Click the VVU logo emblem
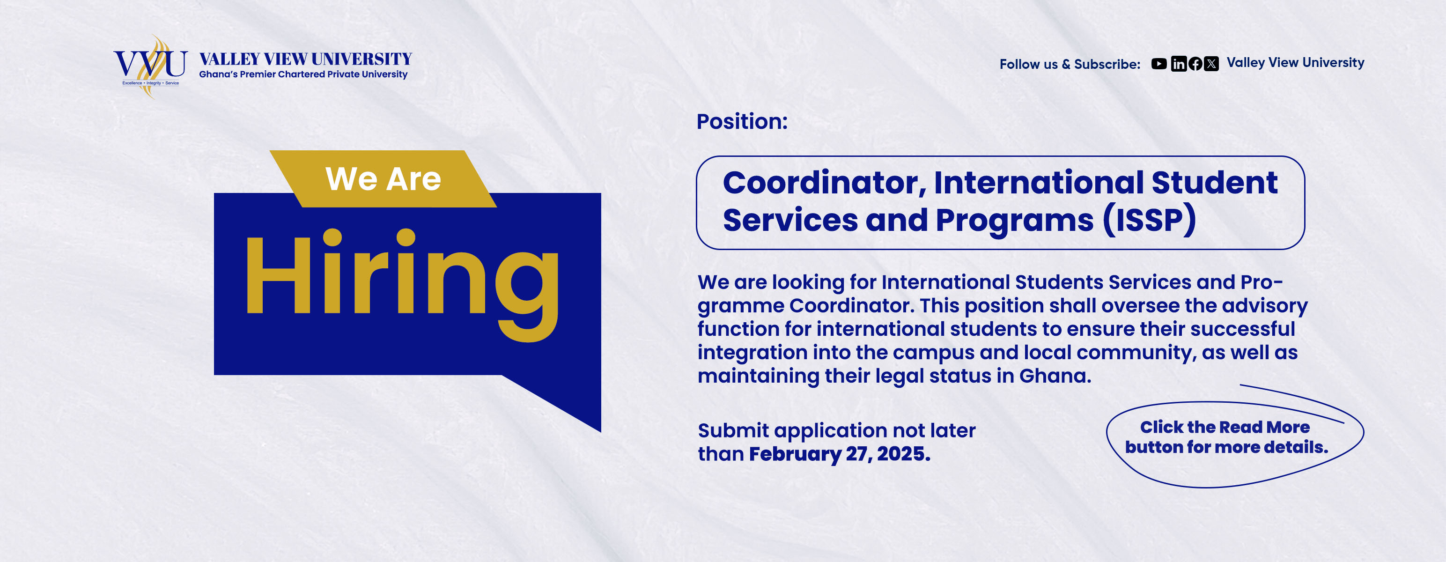tap(150, 66)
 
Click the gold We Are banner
tap(384, 178)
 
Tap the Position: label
tap(742, 121)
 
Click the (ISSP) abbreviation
tap(1149, 220)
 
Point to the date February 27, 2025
tap(840, 454)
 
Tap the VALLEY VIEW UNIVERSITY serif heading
tap(305, 59)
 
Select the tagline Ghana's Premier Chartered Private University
tap(303, 74)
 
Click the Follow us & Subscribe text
tap(1070, 65)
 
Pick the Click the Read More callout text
tap(1226, 437)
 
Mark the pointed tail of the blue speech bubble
tap(600, 431)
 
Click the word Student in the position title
tap(1215, 183)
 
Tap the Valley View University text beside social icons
tap(1296, 62)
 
